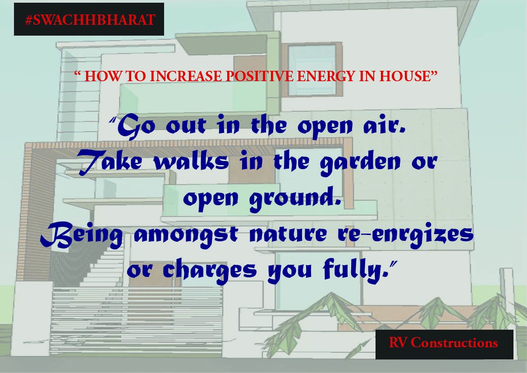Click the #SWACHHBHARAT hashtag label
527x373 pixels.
click(x=89, y=20)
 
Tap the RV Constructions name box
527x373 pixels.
click(x=444, y=343)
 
